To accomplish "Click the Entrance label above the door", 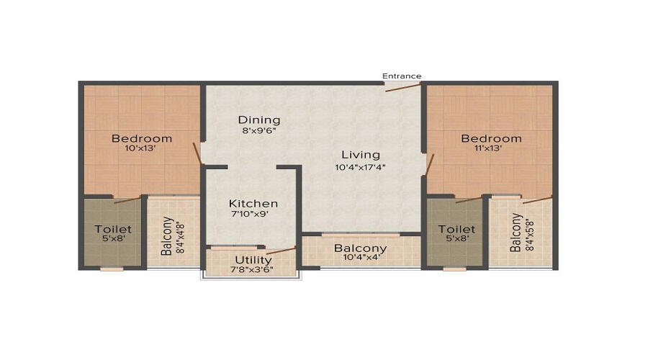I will (x=401, y=76).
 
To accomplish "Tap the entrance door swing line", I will (x=402, y=86).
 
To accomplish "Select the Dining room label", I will (x=259, y=120).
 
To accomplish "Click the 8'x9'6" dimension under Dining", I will (x=259, y=131).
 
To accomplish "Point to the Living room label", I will (x=360, y=154).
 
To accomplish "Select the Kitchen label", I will (x=253, y=204).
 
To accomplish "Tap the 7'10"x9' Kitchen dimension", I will (x=253, y=215).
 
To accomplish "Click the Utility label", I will (x=253, y=260).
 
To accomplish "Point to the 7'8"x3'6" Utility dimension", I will (x=253, y=270).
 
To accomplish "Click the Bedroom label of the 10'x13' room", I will (x=142, y=138).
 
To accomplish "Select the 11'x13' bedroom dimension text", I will (x=492, y=148).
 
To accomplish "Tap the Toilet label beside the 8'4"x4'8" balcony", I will (x=113, y=229).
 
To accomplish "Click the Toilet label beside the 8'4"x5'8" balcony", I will (x=457, y=229).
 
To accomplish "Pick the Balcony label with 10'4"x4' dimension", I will (x=360, y=249).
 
